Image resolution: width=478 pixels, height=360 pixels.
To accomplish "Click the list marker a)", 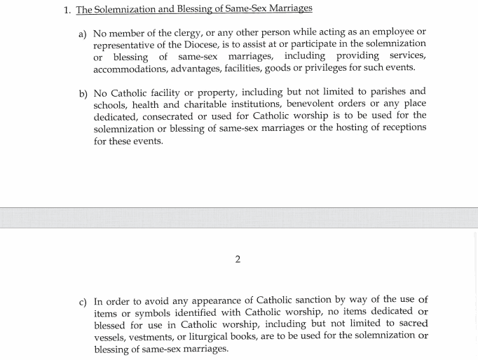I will [x=83, y=34].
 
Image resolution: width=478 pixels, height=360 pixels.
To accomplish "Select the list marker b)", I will [x=83, y=93].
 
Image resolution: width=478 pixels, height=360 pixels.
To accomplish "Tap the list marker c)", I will [x=83, y=302].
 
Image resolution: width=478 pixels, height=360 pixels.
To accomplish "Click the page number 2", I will [x=238, y=259].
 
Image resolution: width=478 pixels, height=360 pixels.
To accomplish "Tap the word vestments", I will [x=151, y=337].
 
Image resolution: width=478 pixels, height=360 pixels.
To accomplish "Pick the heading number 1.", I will [x=67, y=10].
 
